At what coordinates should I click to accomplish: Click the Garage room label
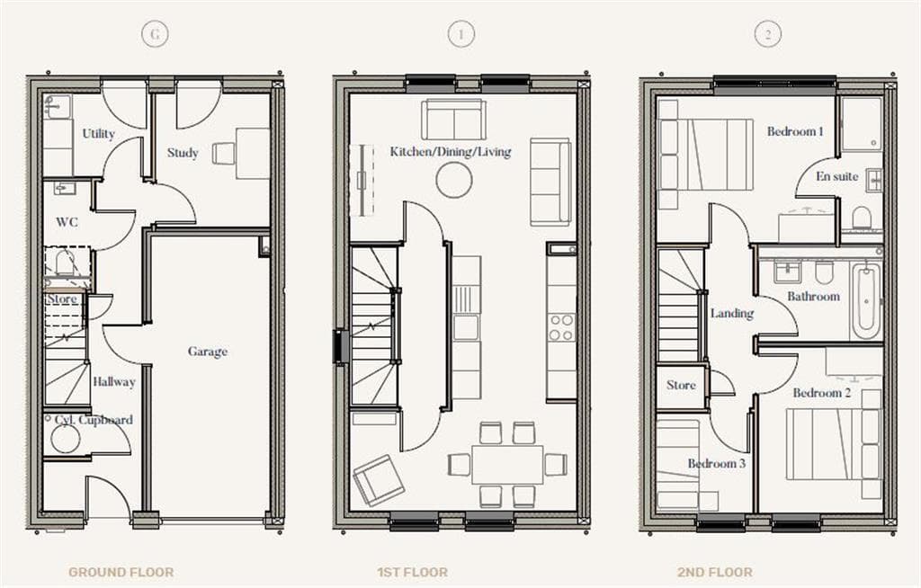(x=208, y=352)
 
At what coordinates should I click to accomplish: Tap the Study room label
(x=183, y=153)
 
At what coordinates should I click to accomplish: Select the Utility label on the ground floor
(x=99, y=134)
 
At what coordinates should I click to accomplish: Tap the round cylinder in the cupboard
(x=65, y=440)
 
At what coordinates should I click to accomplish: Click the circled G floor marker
(x=156, y=35)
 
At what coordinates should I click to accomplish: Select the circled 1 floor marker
(x=460, y=35)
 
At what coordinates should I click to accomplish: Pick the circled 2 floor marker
(x=767, y=35)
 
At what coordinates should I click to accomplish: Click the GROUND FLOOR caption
(x=121, y=572)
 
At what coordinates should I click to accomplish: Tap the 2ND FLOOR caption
(x=715, y=572)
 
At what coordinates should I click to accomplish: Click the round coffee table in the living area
(x=454, y=180)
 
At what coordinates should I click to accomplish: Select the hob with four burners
(x=561, y=327)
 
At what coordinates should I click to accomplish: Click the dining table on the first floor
(x=507, y=465)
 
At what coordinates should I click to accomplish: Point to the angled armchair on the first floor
(x=379, y=480)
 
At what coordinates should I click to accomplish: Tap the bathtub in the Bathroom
(x=865, y=301)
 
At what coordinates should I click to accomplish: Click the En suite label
(x=837, y=176)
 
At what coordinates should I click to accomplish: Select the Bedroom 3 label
(x=717, y=464)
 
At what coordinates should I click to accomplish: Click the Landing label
(x=732, y=314)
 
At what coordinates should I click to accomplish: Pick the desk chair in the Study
(x=224, y=154)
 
